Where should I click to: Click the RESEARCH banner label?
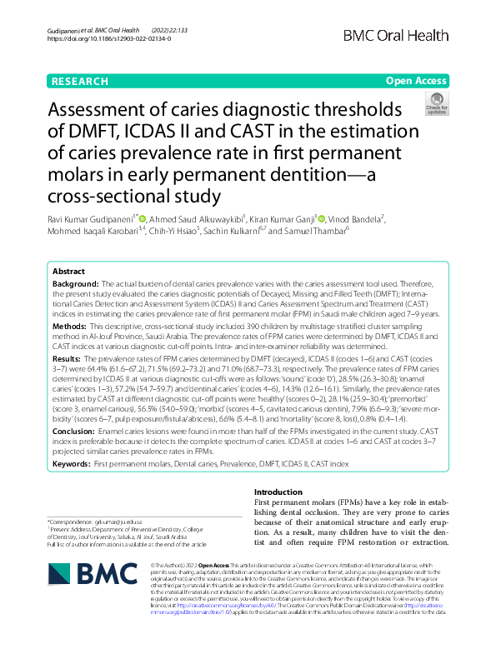[79, 81]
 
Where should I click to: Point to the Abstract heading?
[68, 272]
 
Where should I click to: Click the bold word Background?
[73, 285]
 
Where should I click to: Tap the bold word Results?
[68, 357]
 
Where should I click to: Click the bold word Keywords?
[71, 462]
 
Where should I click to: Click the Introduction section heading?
[278, 492]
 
